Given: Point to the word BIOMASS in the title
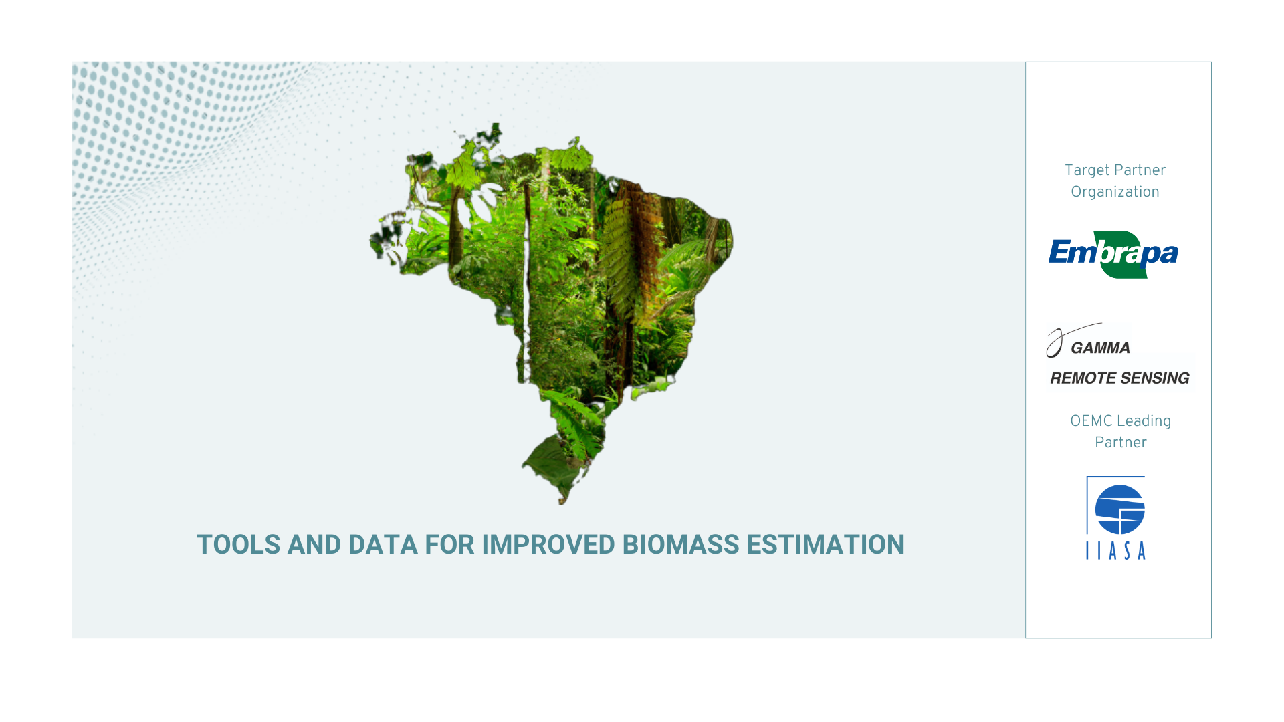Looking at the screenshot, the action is click(x=680, y=544).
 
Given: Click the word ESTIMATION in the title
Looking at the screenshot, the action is click(x=825, y=544).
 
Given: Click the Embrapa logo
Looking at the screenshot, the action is click(x=1113, y=255).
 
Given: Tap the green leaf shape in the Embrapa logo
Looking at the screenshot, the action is click(x=1125, y=255).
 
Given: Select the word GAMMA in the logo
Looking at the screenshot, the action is click(x=1100, y=348).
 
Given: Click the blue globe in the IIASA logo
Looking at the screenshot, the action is click(x=1120, y=509).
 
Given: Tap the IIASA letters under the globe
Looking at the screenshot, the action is click(x=1115, y=550).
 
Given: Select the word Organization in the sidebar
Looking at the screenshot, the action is click(x=1115, y=192).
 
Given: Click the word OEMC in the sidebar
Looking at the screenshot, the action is click(x=1089, y=421).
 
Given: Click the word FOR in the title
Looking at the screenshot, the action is click(x=449, y=544).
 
